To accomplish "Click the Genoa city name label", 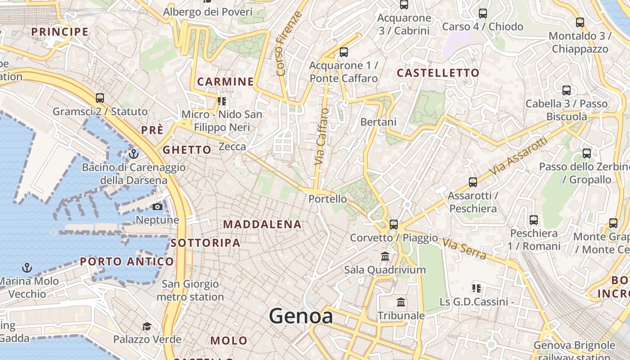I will [301, 316].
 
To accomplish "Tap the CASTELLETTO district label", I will [438, 73].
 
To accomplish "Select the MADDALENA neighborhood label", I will [262, 224].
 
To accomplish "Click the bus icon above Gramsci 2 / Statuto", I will [100, 98].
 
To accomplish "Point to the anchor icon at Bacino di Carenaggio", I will [133, 154].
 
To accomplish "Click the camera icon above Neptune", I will [157, 207].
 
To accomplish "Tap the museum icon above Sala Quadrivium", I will [385, 256].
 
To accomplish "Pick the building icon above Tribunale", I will [401, 302].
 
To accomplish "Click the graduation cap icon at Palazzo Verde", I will [147, 326].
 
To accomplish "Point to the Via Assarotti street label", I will [518, 156].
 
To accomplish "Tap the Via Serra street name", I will [464, 249].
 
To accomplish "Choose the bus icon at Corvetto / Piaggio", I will [394, 224].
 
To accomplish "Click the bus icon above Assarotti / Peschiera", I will [472, 182].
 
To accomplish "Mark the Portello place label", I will [328, 199].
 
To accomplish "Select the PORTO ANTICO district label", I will [127, 261].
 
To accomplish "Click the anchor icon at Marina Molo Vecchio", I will [27, 268].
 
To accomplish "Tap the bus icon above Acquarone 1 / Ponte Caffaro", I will [344, 52].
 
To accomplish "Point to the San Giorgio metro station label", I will [190, 290].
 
